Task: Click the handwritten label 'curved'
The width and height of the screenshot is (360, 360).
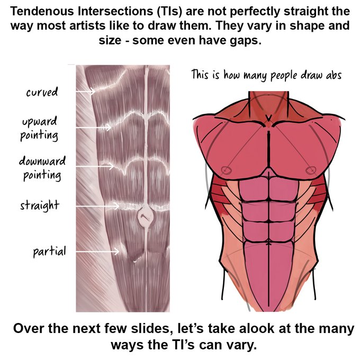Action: coord(42,93)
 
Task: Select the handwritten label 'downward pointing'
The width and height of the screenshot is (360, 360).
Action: coord(41,167)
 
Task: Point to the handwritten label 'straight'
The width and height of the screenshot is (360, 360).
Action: coord(39,205)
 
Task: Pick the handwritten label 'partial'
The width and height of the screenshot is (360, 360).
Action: coord(49,251)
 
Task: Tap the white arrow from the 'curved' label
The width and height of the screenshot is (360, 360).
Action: coord(85,92)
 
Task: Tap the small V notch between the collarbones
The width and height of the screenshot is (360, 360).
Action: coord(268,117)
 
